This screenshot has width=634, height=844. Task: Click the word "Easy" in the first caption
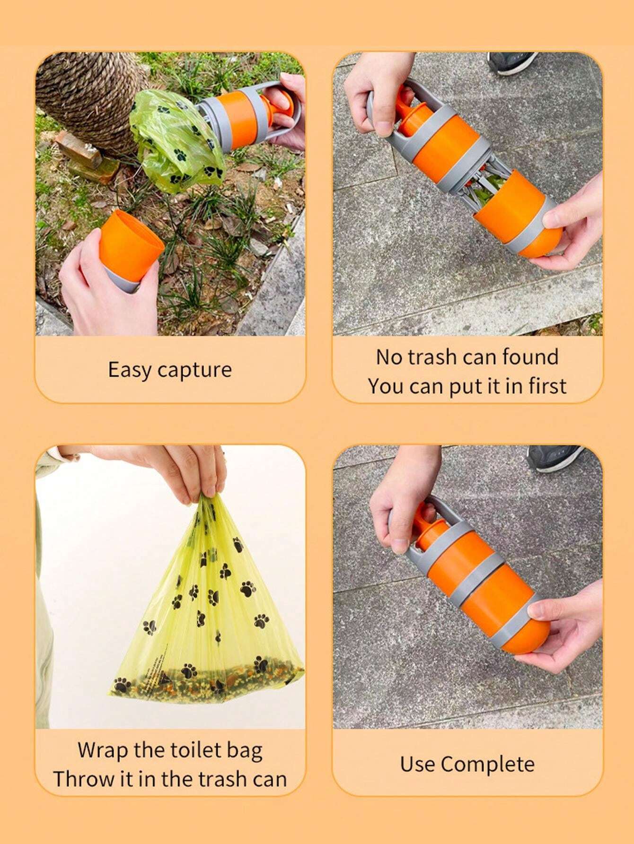pos(129,370)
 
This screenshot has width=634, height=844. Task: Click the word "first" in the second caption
pos(547,386)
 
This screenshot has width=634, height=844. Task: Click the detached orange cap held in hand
pos(130,241)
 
